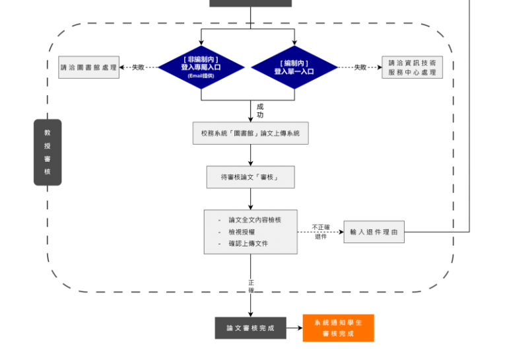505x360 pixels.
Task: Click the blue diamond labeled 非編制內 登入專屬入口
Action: [x=201, y=66]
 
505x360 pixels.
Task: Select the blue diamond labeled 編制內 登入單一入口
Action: [x=294, y=67]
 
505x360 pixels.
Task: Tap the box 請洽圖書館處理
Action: [x=88, y=67]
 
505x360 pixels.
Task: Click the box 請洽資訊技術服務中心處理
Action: [x=413, y=67]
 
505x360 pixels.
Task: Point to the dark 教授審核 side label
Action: [x=48, y=152]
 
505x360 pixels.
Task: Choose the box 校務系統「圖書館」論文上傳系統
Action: [x=250, y=133]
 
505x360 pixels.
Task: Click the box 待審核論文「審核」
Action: [x=250, y=177]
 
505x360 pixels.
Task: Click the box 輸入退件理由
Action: [x=374, y=232]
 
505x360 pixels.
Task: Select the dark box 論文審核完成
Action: [x=250, y=328]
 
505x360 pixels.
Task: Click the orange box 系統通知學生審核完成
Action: [x=338, y=328]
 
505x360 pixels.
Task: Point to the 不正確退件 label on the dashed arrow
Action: [x=321, y=232]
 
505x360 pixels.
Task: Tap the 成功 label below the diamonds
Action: [x=260, y=110]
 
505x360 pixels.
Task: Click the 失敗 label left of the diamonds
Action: [x=138, y=67]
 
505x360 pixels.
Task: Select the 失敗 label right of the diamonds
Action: [x=360, y=67]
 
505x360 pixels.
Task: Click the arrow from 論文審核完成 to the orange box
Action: [x=294, y=328]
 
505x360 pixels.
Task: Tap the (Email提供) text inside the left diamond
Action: [x=201, y=75]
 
